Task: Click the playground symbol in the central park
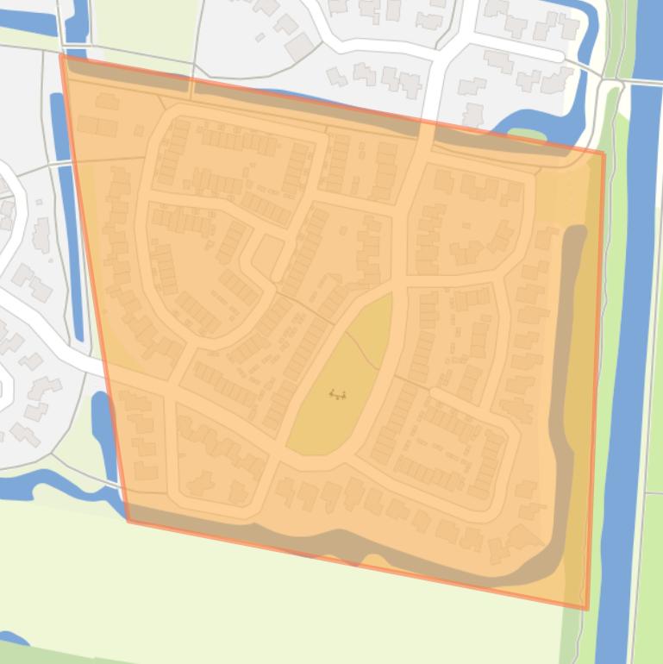point(338,395)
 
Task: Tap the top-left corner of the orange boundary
point(61,54)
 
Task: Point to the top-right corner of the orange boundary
point(604,153)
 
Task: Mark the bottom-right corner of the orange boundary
point(587,609)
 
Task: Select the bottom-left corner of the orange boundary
point(128,520)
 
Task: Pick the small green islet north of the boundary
point(527,135)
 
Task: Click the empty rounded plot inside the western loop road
point(267,254)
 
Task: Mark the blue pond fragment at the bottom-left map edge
point(13,639)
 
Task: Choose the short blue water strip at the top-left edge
point(77,22)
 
